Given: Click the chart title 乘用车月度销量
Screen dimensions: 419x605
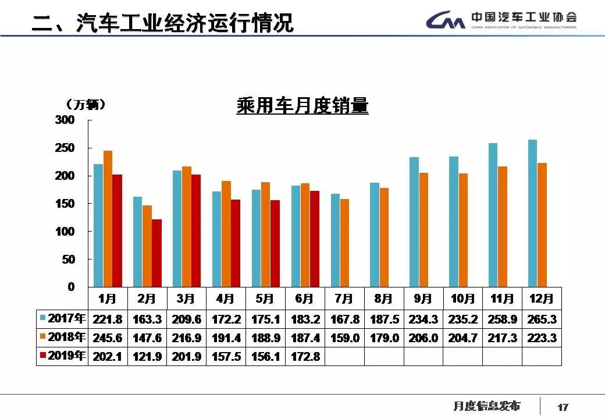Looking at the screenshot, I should tap(302, 106).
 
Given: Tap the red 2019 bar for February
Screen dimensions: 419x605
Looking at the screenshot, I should tap(156, 253).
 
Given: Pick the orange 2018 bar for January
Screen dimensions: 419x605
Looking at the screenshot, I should tap(108, 218).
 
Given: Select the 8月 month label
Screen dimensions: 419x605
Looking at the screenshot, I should tap(383, 299).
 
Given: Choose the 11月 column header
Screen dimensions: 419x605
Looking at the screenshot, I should tap(502, 299).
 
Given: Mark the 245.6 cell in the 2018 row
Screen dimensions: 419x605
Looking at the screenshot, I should tap(107, 338).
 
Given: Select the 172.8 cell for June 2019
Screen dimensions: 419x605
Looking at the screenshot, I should tap(305, 356).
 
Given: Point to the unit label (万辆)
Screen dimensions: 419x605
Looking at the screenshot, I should tap(85, 105).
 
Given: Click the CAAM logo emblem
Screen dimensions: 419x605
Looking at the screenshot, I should tap(445, 22).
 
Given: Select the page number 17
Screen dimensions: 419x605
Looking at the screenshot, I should tap(563, 407).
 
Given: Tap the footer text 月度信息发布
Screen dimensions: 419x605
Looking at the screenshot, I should tap(486, 406).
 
